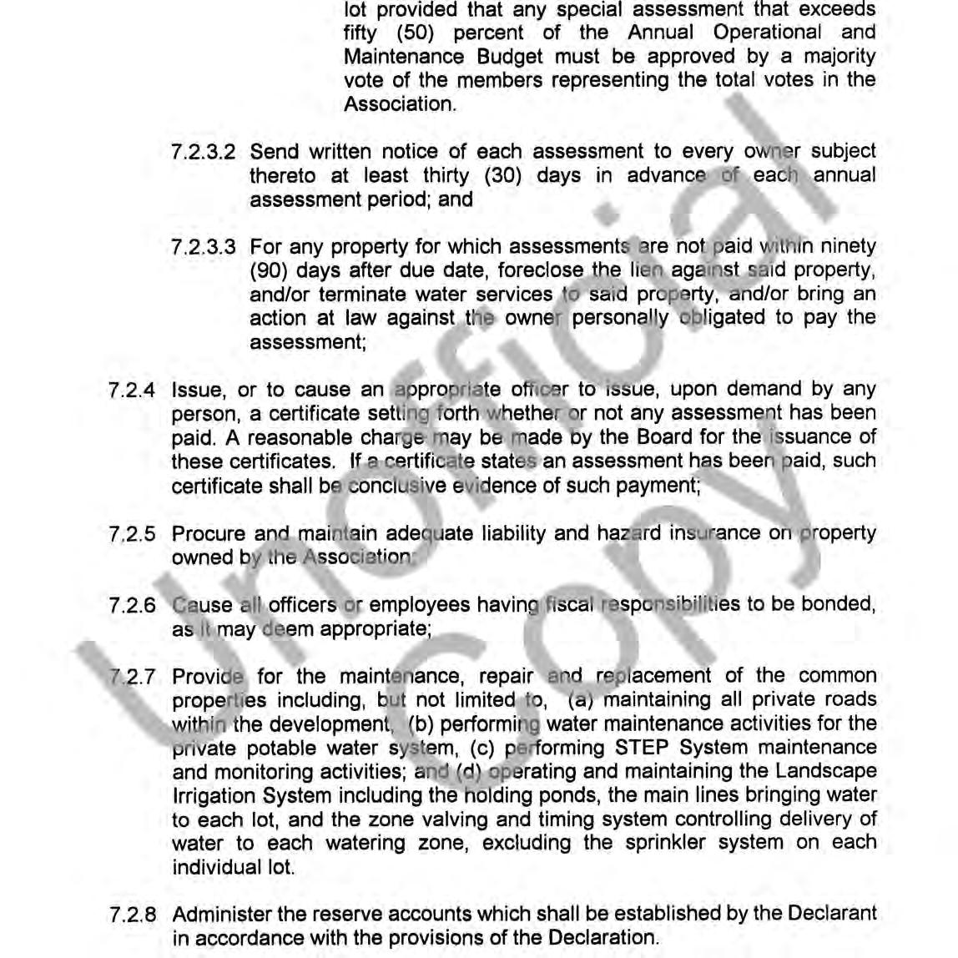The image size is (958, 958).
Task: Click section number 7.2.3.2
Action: tap(203, 153)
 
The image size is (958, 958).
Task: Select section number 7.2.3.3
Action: tap(203, 248)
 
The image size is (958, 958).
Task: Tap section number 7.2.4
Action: tap(132, 391)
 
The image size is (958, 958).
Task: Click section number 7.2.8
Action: tap(132, 915)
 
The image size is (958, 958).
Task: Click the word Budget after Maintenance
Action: tap(509, 58)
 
